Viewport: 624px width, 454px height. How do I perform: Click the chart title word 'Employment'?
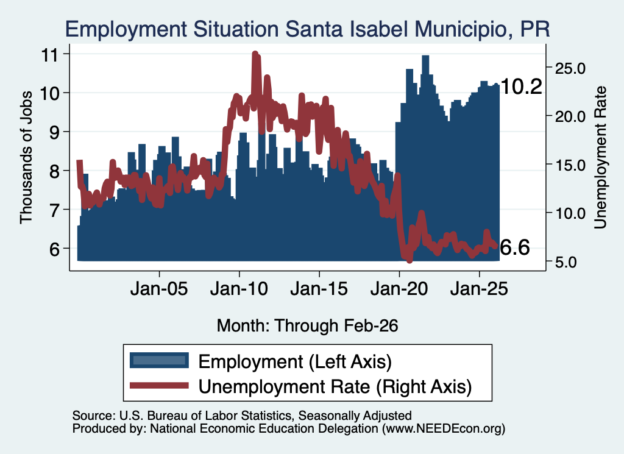[126, 29]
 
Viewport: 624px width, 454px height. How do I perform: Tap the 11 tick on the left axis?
[50, 54]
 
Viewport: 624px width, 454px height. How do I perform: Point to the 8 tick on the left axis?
[54, 171]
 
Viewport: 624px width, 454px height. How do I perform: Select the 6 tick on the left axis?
[54, 249]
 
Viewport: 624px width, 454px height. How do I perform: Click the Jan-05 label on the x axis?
[159, 289]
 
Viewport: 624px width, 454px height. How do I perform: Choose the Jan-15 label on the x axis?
[319, 289]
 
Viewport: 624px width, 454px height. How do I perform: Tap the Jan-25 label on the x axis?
[479, 289]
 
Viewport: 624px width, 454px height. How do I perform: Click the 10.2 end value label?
[521, 87]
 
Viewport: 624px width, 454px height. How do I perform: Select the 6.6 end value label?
[514, 247]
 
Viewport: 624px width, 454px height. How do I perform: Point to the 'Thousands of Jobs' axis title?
[26, 157]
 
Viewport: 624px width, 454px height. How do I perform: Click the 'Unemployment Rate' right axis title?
[600, 157]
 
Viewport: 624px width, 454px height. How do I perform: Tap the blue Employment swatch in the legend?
[159, 361]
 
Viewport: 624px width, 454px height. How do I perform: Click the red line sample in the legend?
[159, 385]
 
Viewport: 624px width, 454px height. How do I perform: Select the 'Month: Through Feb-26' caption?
[307, 325]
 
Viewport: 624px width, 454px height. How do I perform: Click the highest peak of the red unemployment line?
[255, 54]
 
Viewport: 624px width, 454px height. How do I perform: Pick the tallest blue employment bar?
[425, 158]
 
